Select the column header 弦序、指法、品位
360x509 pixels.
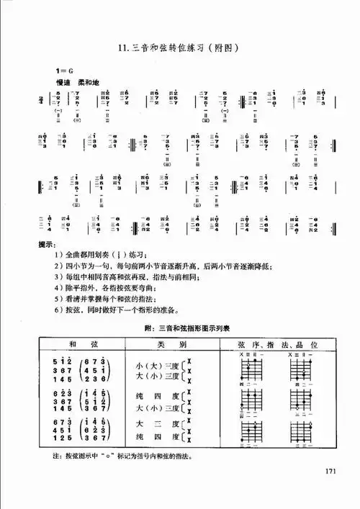point(276,343)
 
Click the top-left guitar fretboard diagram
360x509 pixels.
point(248,369)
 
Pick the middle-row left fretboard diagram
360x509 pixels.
point(248,399)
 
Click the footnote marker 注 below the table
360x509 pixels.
point(48,456)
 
